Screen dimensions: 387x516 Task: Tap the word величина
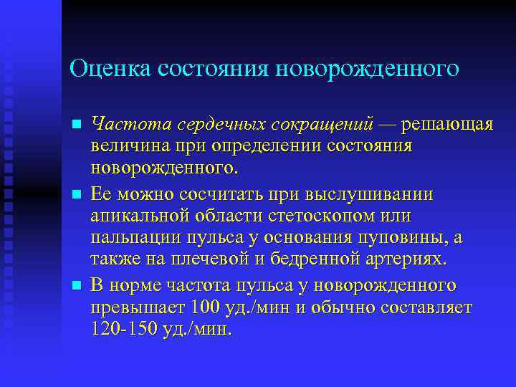[127, 147]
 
